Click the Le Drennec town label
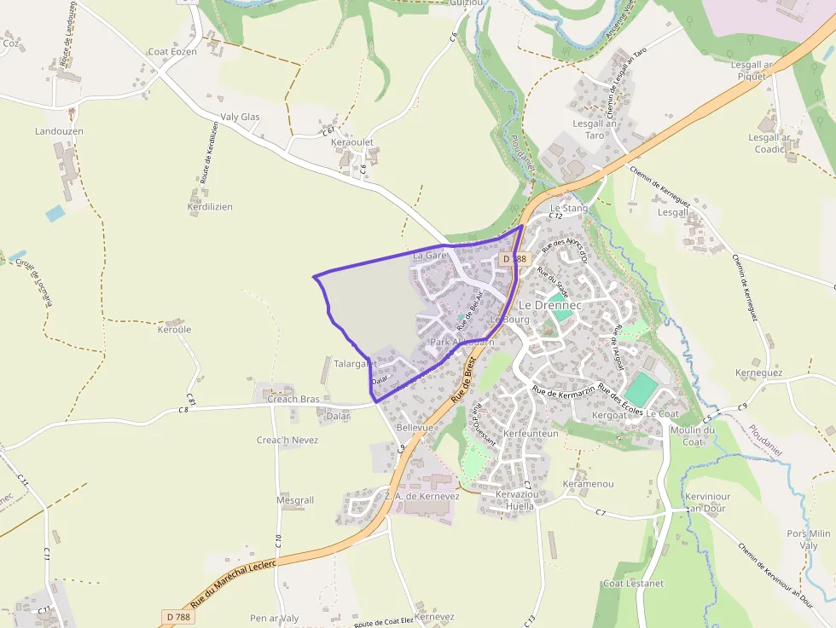coord(550,305)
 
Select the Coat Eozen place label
coord(172,52)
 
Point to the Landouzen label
coord(59,132)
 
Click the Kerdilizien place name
coord(210,207)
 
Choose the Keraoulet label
coord(352,142)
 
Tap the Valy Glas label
coord(240,118)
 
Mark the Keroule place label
coord(175,330)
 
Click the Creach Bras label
coord(293,399)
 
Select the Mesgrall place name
coord(295,501)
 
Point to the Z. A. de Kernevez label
coord(422,496)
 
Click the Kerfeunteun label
coord(531,434)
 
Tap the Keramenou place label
coord(589,484)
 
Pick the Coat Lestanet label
coord(633,584)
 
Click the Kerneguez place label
coord(758,373)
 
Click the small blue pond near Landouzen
coord(55,213)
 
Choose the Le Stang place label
coord(569,208)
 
